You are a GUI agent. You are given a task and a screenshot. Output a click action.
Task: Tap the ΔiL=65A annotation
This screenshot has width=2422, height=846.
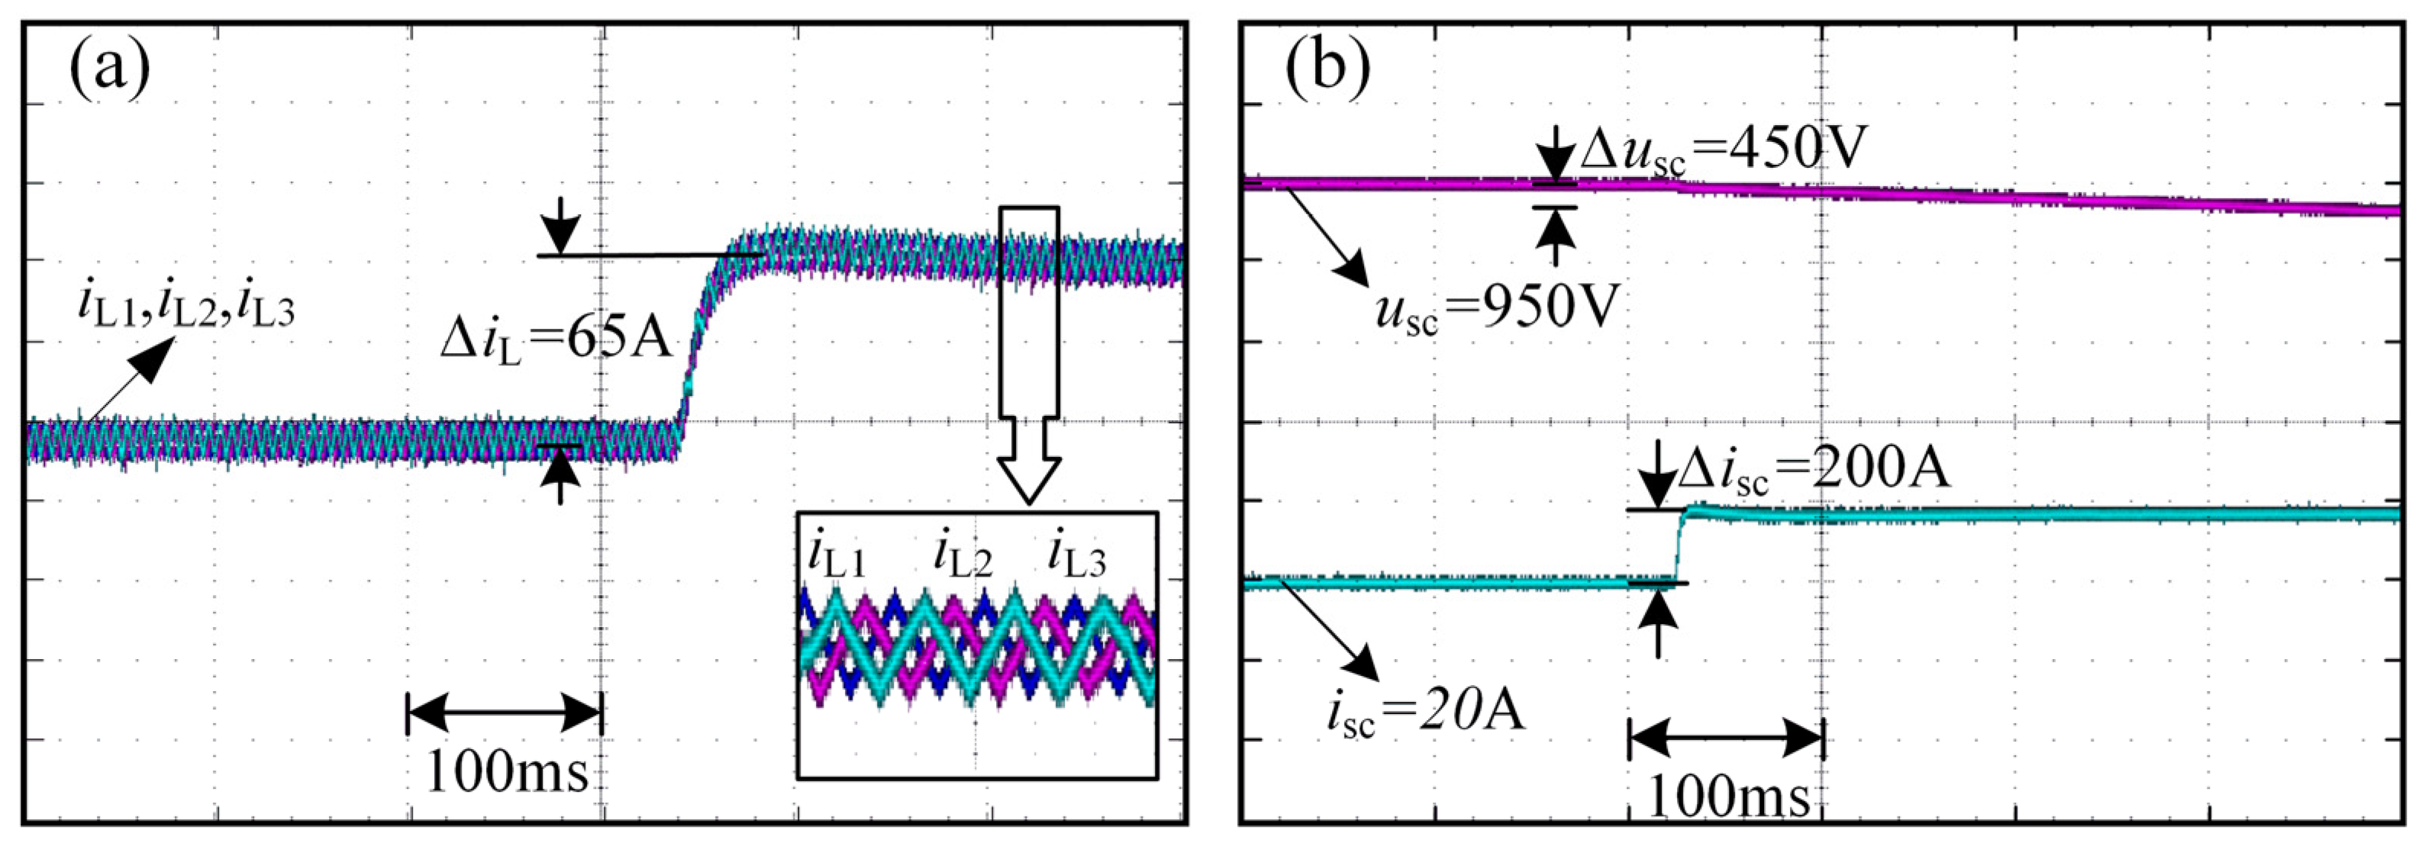pos(556,340)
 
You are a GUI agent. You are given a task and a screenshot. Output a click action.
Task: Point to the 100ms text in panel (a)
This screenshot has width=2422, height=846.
pos(507,773)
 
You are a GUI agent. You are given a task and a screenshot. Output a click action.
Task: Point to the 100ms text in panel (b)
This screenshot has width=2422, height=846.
pos(1728,798)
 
